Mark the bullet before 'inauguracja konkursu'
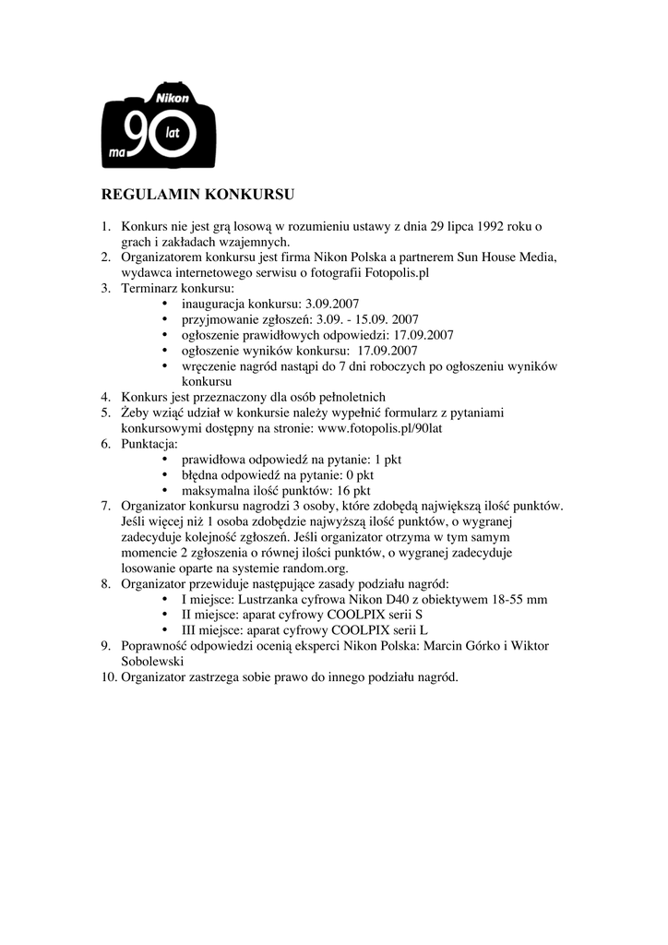pyautogui.click(x=165, y=304)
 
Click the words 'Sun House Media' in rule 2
pyautogui.click(x=507, y=257)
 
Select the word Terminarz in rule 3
pyautogui.click(x=149, y=288)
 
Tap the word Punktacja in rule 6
pyautogui.click(x=149, y=444)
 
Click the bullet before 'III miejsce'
pyautogui.click(x=165, y=631)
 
